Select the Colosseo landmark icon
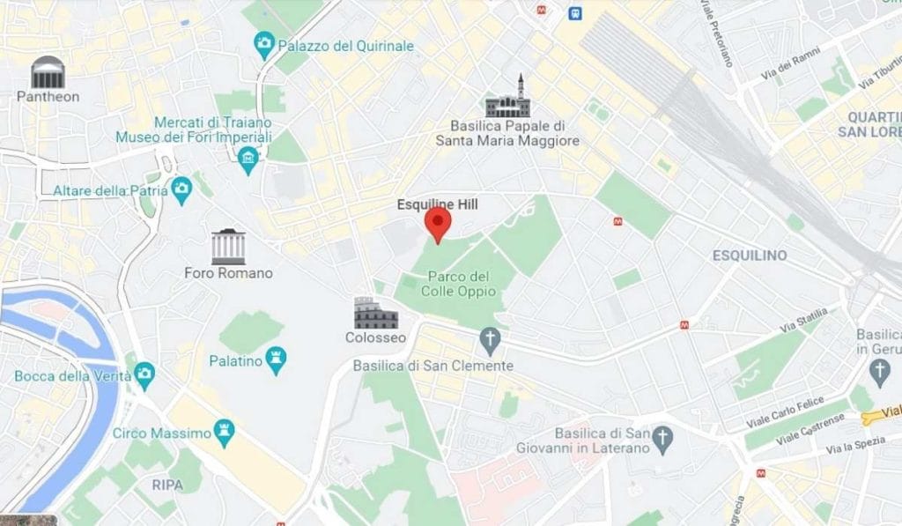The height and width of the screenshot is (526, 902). [376, 314]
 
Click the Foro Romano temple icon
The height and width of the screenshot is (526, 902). [228, 247]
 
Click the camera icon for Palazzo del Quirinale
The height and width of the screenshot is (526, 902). [263, 42]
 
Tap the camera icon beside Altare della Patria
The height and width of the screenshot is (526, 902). [181, 189]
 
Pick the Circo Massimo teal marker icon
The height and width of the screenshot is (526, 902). [225, 432]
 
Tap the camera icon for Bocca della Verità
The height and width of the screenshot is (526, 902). [144, 375]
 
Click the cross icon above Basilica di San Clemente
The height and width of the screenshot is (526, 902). [491, 338]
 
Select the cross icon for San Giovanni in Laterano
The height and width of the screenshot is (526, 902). [663, 435]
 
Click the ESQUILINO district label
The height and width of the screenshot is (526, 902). [749, 256]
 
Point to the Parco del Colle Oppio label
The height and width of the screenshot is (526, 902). [458, 284]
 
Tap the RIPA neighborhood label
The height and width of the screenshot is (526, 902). [167, 485]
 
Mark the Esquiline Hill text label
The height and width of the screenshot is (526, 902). [438, 204]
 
